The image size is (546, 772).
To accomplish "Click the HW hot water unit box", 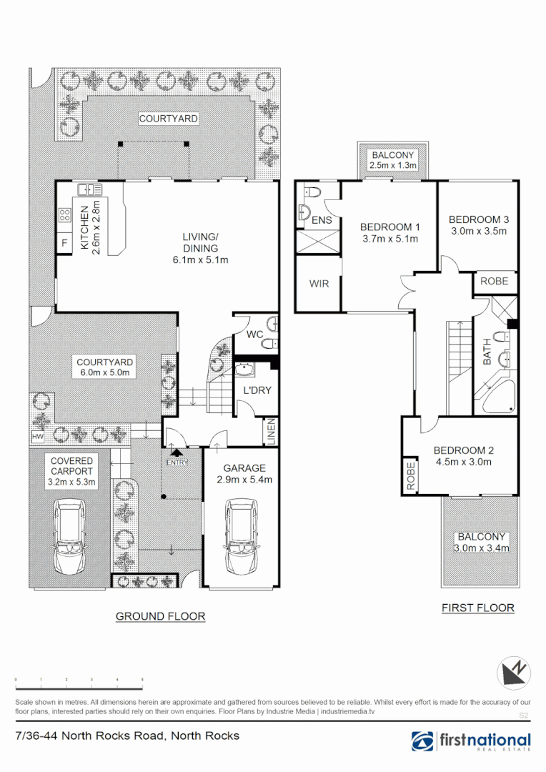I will click(36, 436).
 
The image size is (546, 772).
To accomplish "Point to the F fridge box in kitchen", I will click(64, 243).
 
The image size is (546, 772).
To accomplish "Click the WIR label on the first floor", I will click(319, 284).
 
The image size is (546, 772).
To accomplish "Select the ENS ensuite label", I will click(322, 220).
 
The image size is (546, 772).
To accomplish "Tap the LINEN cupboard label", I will click(270, 430).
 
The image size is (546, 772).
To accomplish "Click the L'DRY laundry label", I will click(256, 390).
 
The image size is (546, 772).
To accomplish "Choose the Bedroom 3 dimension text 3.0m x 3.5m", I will click(478, 231).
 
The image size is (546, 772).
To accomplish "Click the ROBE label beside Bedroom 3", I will click(494, 281).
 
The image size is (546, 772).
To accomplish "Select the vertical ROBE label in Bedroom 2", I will click(411, 475).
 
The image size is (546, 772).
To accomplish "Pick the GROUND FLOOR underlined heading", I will click(160, 616).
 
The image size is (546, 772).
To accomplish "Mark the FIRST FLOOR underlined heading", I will click(477, 608).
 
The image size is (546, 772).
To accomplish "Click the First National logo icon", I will click(422, 742).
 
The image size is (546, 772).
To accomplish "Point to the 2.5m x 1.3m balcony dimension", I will click(392, 166).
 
